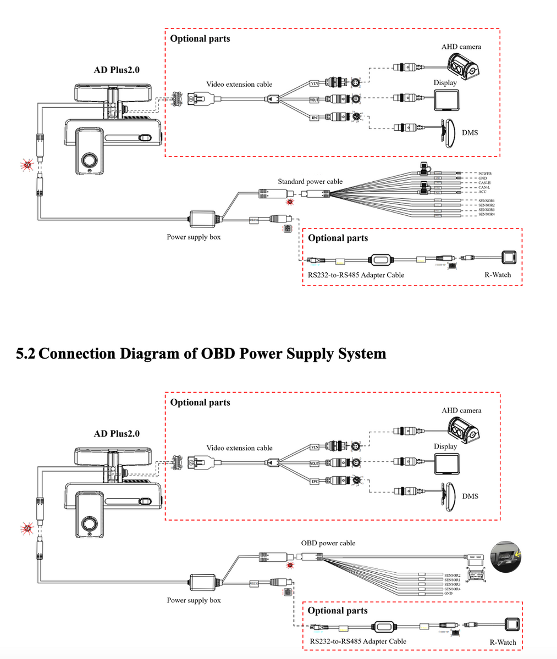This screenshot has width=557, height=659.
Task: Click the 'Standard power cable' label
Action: click(x=310, y=181)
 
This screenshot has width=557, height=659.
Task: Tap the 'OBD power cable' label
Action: click(x=328, y=543)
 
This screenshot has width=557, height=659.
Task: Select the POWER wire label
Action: click(x=485, y=174)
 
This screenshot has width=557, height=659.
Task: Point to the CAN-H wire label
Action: click(x=484, y=183)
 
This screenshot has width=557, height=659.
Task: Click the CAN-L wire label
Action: click(x=484, y=187)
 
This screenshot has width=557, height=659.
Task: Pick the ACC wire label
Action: click(x=482, y=192)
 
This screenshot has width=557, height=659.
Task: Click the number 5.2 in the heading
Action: click(x=26, y=353)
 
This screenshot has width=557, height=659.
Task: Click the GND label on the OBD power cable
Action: click(x=448, y=593)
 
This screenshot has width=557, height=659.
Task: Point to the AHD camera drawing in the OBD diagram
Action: click(x=464, y=430)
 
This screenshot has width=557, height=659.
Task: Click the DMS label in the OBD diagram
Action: click(x=470, y=496)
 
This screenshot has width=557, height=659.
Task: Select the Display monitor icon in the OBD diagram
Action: click(x=446, y=463)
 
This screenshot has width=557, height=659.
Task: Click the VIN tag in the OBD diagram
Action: click(x=315, y=447)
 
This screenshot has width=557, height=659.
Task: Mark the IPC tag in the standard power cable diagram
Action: click(x=315, y=118)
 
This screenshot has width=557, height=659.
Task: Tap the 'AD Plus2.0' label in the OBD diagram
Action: click(x=117, y=433)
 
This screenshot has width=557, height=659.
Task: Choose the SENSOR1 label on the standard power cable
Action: click(x=487, y=201)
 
